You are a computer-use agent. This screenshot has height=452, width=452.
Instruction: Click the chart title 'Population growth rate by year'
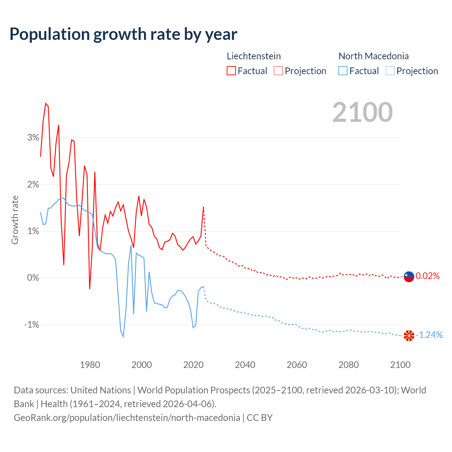(x=123, y=34)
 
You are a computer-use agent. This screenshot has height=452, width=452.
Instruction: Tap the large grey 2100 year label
(x=362, y=112)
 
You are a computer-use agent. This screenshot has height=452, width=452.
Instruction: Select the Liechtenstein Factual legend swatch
(x=231, y=71)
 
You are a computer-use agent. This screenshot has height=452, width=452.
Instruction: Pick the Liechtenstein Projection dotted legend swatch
(x=278, y=71)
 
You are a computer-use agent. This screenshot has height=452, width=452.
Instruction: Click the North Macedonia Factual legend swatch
(x=343, y=71)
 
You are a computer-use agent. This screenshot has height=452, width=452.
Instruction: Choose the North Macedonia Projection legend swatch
(x=390, y=71)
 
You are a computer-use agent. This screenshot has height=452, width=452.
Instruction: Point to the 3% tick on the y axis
(x=33, y=138)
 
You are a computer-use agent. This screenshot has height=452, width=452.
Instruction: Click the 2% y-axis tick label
(x=33, y=184)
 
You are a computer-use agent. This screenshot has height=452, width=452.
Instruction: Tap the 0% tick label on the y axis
(x=33, y=278)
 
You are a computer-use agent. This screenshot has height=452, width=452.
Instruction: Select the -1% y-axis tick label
(x=31, y=325)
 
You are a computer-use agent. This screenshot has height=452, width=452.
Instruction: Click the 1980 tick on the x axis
(x=90, y=365)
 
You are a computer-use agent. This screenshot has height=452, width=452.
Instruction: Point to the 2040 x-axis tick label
(x=245, y=365)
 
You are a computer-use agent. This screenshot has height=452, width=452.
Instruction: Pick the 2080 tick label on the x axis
(x=349, y=365)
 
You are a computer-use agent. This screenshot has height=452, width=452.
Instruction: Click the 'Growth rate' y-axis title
(x=15, y=220)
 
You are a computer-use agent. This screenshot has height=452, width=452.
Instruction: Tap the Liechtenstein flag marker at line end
(x=409, y=276)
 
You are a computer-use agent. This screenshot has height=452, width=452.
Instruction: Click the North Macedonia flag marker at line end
(x=409, y=335)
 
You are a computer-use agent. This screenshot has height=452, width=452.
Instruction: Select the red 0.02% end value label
(x=428, y=276)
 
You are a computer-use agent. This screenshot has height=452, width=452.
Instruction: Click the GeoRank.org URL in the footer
(x=127, y=418)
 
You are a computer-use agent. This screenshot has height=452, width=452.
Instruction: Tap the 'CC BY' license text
(x=260, y=418)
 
